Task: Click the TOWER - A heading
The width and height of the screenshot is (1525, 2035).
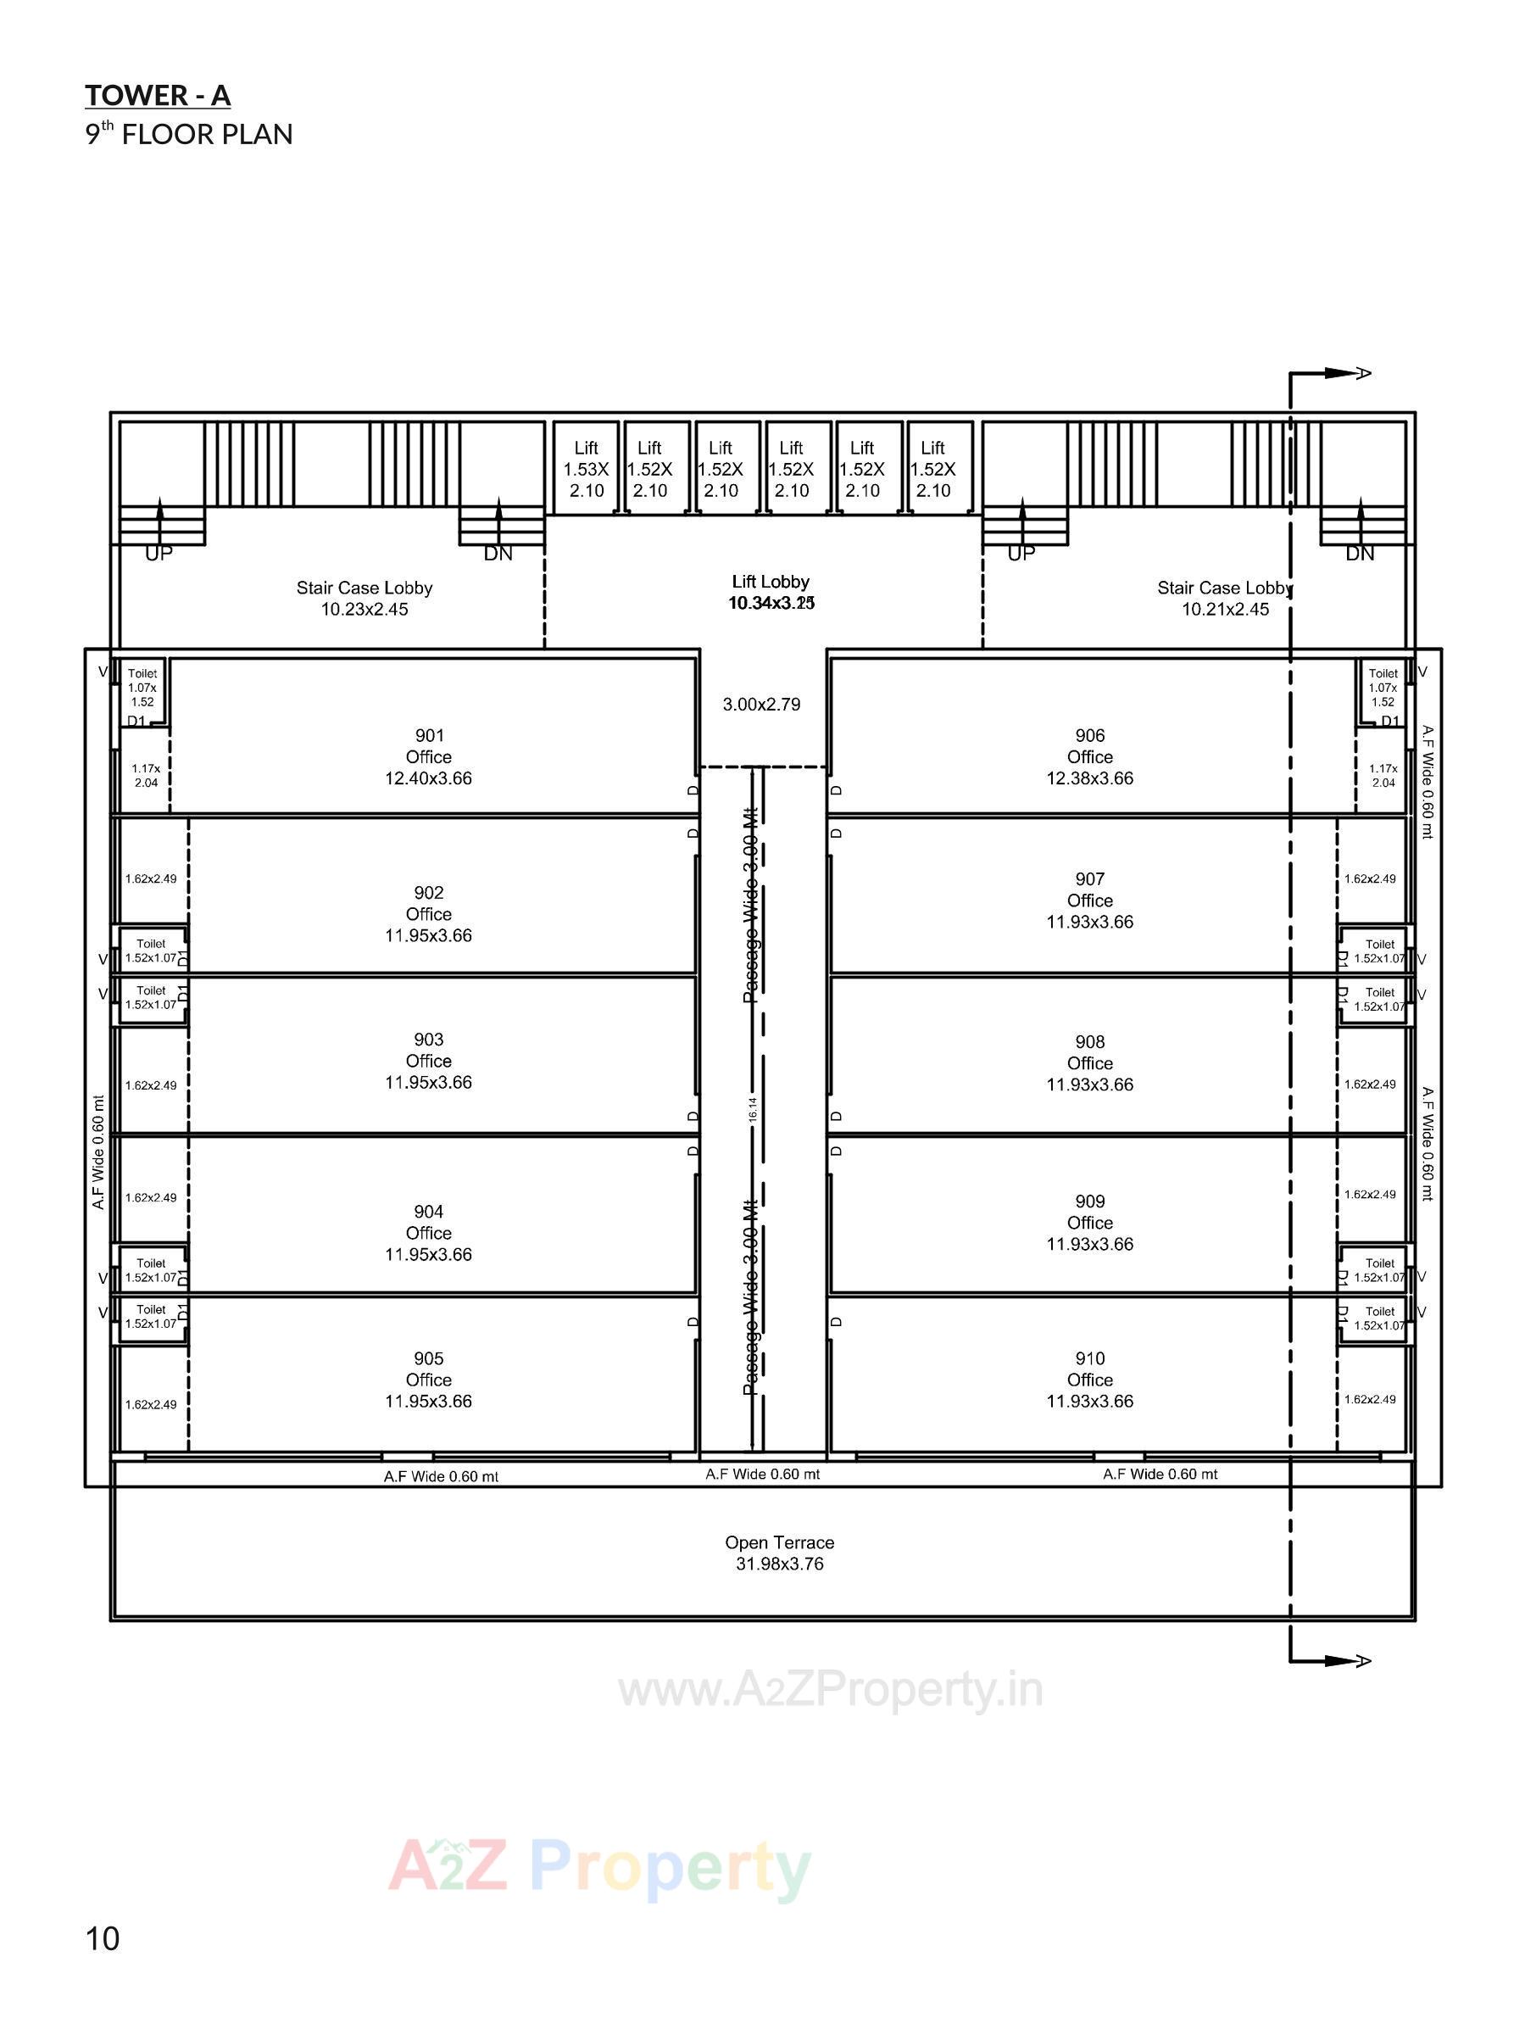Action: [x=158, y=96]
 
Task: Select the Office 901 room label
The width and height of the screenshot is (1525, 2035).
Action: [x=429, y=756]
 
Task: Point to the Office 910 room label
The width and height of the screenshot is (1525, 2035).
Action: [x=1089, y=1379]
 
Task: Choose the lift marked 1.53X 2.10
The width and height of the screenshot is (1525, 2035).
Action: [x=586, y=469]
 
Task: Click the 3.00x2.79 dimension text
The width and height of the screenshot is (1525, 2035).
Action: [x=760, y=705]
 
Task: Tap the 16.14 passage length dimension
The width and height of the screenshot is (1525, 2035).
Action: [x=753, y=1109]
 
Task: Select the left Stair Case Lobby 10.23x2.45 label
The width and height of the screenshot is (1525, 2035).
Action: [x=365, y=598]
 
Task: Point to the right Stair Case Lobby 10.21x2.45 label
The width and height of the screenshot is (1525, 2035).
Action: [x=1224, y=598]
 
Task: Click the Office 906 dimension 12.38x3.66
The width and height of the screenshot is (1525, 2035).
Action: [x=1089, y=778]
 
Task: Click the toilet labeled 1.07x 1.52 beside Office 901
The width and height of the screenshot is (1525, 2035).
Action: [x=142, y=687]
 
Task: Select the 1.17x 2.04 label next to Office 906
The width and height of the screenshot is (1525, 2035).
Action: [x=1383, y=776]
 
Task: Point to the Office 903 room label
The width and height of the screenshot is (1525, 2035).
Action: [x=429, y=1061]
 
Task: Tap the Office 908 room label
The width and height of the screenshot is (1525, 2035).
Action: [x=1089, y=1062]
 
